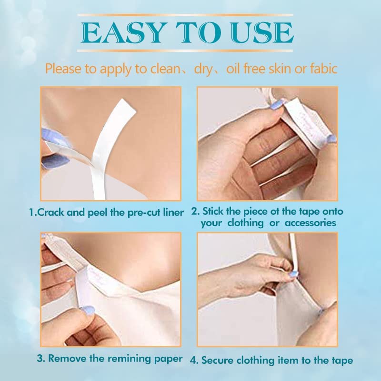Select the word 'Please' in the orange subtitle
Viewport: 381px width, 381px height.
[63, 69]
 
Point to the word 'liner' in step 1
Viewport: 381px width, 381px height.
[171, 212]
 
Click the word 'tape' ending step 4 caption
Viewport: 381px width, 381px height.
[342, 360]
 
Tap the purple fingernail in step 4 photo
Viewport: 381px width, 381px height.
[294, 274]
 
